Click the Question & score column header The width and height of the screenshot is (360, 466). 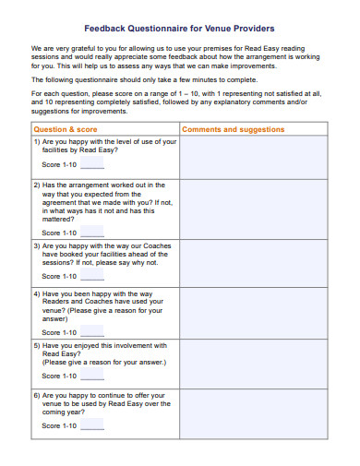[66, 130]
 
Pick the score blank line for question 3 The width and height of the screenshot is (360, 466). [92, 276]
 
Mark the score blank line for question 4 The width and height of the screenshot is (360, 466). [92, 332]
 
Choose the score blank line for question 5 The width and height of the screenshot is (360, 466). [92, 376]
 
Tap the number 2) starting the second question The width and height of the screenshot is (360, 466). [37, 185]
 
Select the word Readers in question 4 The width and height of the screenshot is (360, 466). [59, 304]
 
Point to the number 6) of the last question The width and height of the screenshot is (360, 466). [37, 395]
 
